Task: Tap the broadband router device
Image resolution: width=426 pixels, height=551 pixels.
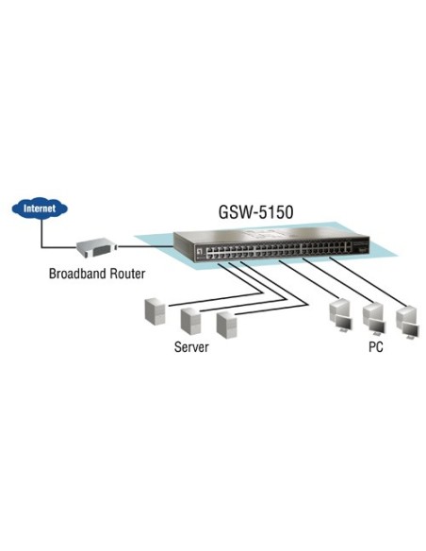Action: click(97, 248)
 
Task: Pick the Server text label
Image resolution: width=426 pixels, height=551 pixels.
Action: click(191, 347)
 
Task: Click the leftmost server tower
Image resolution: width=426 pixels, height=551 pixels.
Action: click(156, 312)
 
